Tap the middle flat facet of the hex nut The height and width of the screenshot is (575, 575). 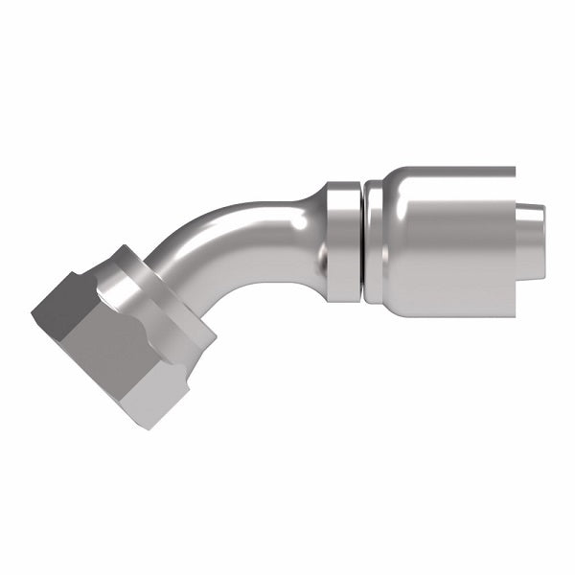105,345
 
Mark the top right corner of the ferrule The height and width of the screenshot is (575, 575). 514,171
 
